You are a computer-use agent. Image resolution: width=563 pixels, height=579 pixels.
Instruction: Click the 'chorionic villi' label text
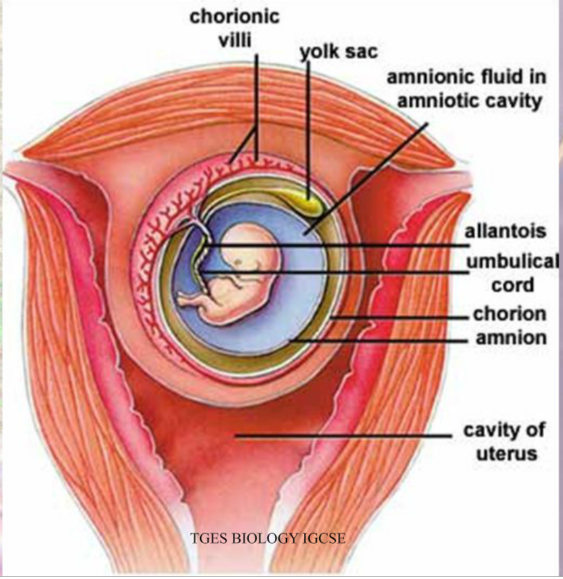(x=235, y=28)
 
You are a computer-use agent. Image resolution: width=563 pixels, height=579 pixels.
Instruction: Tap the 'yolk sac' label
(x=339, y=51)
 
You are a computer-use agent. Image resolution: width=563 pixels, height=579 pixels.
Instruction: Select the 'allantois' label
(x=505, y=231)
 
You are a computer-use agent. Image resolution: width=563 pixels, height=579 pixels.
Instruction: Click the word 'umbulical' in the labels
(x=513, y=261)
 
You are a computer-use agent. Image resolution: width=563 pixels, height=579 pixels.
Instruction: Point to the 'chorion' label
(x=510, y=314)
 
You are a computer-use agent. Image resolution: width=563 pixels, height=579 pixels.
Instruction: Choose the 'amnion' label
(x=511, y=338)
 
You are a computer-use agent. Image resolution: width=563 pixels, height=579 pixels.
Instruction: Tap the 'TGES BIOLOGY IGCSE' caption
(x=268, y=538)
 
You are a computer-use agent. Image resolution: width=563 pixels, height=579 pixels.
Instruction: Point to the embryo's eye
(x=240, y=262)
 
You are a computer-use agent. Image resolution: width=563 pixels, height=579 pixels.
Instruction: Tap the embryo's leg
(x=192, y=299)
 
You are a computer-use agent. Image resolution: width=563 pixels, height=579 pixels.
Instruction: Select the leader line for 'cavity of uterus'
(x=343, y=436)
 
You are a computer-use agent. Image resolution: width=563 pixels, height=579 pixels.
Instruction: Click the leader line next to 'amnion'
(x=379, y=341)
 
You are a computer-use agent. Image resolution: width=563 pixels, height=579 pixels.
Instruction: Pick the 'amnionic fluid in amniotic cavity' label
(x=467, y=89)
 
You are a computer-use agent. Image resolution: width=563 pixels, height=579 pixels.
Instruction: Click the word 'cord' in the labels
(x=513, y=285)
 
